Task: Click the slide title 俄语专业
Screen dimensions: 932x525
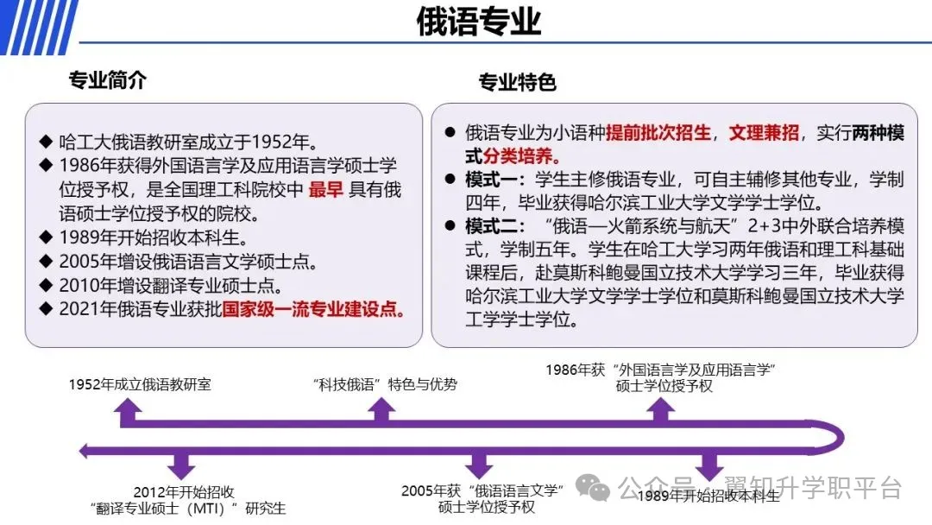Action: click(478, 22)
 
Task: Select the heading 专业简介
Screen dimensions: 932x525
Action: click(108, 79)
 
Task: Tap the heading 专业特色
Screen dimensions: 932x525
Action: click(517, 82)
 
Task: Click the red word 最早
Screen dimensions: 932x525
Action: click(325, 190)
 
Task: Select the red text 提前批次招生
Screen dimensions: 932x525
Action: click(658, 133)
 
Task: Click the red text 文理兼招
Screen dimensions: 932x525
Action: click(764, 133)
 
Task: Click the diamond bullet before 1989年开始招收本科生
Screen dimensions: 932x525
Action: click(46, 237)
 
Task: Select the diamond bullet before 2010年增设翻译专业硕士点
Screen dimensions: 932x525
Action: click(46, 285)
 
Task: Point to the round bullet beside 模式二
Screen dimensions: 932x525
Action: click(450, 225)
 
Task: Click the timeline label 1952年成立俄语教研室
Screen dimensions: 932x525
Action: click(140, 384)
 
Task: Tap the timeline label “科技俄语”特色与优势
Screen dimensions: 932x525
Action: click(385, 384)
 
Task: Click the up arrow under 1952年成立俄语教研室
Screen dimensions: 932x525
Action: click(128, 412)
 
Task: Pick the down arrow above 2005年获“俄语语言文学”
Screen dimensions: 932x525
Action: click(478, 463)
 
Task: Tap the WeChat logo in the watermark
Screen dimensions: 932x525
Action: click(593, 488)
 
